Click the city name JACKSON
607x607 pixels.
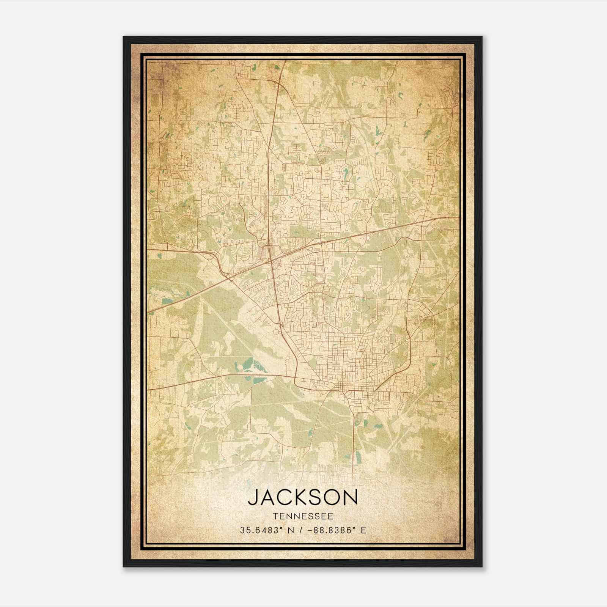(303, 497)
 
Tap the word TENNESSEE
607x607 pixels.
(303, 516)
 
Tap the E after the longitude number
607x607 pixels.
(363, 530)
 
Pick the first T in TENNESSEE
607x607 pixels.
(274, 516)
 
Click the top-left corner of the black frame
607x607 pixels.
(124, 37)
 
